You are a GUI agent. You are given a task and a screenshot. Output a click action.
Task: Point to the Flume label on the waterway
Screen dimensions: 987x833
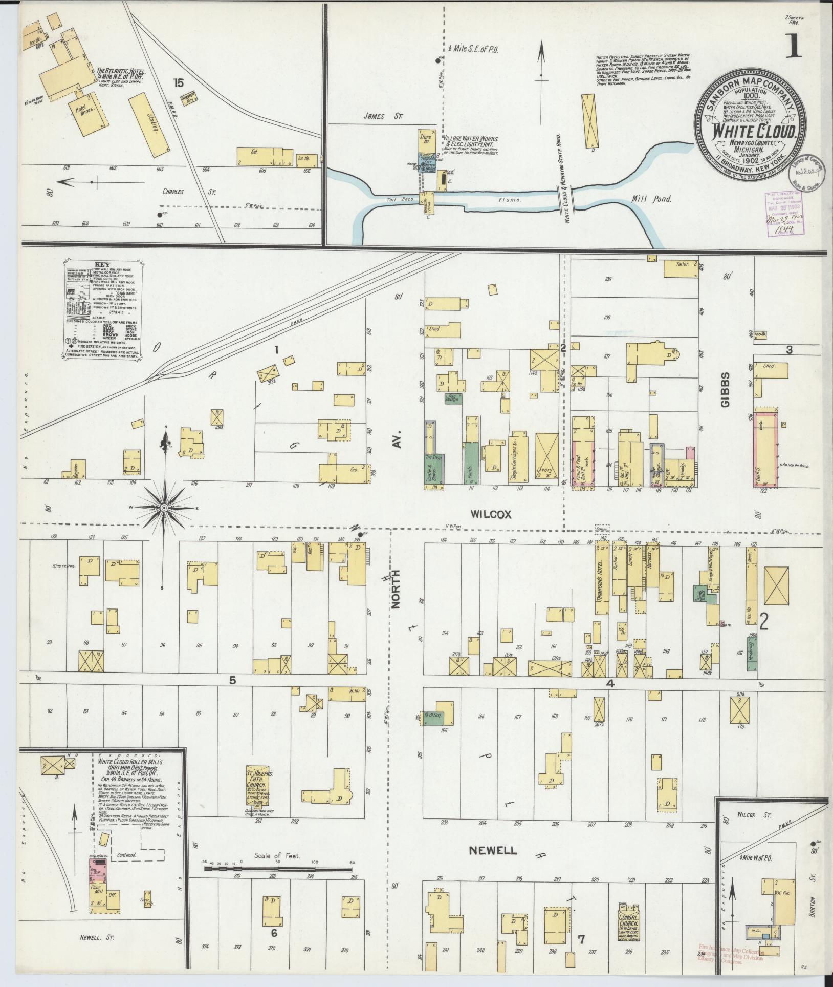[x=514, y=200]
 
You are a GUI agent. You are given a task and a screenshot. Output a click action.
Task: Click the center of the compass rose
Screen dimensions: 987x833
[x=164, y=507]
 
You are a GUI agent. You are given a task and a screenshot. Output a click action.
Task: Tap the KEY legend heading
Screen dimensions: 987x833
[x=103, y=265]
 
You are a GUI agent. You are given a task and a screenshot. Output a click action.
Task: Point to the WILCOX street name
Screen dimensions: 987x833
[x=491, y=514]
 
